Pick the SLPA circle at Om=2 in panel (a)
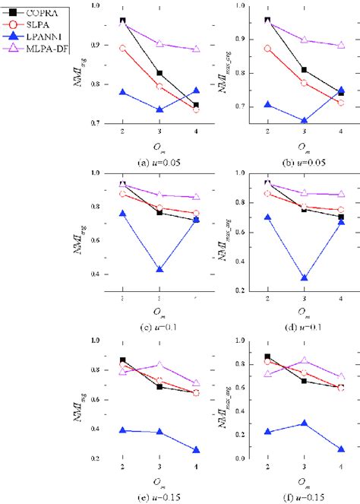123,49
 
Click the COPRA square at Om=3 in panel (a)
159,74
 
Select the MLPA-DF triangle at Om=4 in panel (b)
340,45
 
